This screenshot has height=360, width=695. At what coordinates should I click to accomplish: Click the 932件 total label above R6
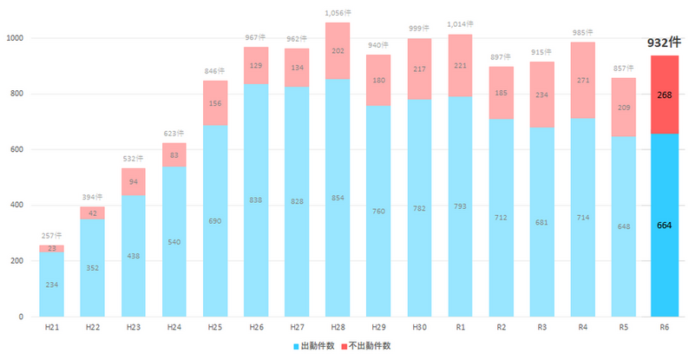pos(664,42)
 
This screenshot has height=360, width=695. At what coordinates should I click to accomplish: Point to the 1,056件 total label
pos(338,13)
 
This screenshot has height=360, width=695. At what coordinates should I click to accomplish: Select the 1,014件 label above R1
pos(460,25)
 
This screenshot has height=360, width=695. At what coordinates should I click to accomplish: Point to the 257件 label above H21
pos(51,236)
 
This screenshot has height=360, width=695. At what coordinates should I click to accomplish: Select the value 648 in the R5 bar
pos(623,226)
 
